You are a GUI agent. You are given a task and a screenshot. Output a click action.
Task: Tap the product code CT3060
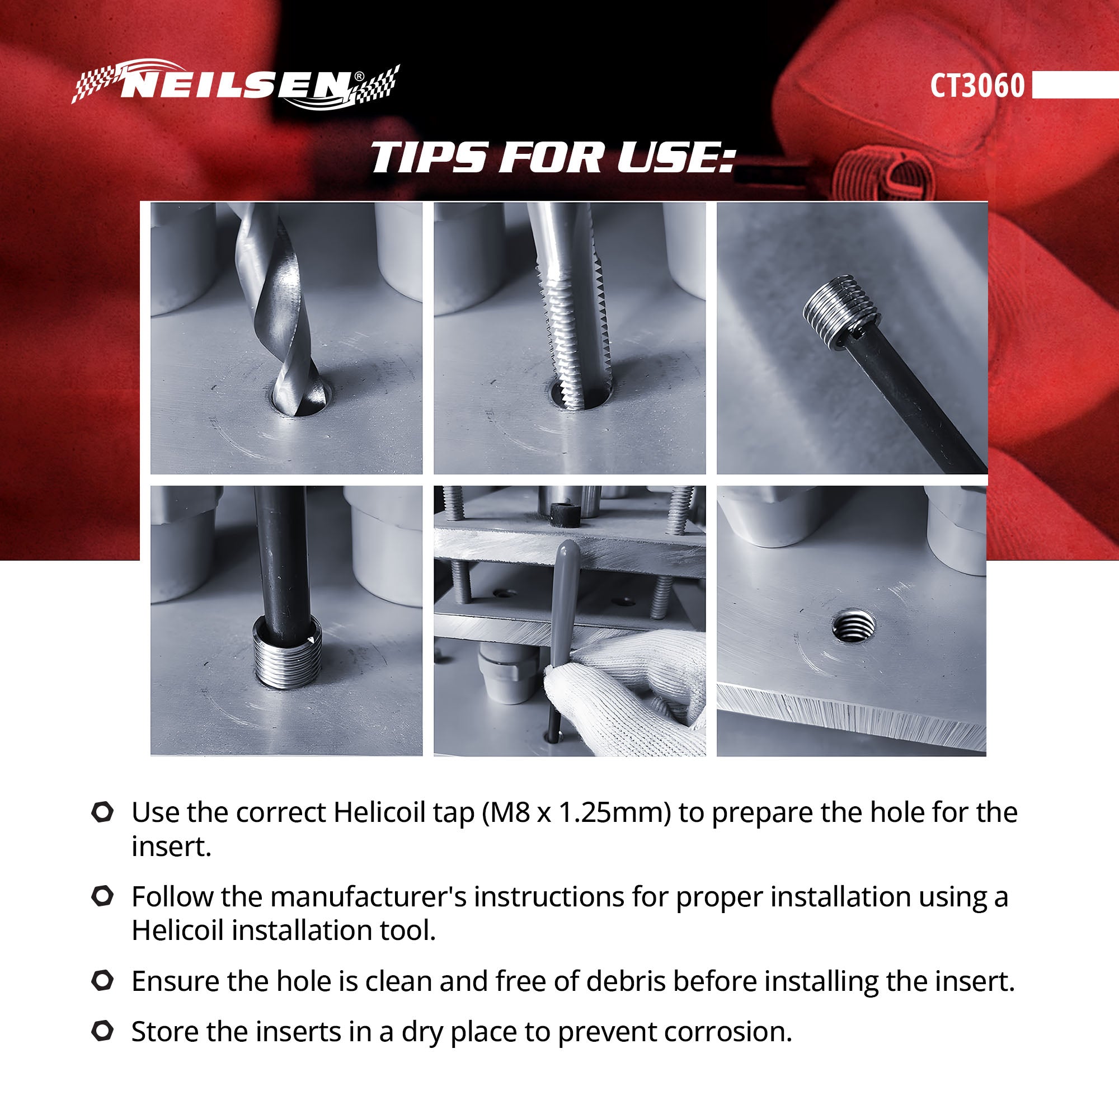click(x=977, y=86)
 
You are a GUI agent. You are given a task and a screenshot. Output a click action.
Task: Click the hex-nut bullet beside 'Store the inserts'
click(x=102, y=1031)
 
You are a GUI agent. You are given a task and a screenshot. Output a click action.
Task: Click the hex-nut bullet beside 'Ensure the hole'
click(x=102, y=981)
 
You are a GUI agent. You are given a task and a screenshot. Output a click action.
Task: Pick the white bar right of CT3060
click(x=1074, y=85)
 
